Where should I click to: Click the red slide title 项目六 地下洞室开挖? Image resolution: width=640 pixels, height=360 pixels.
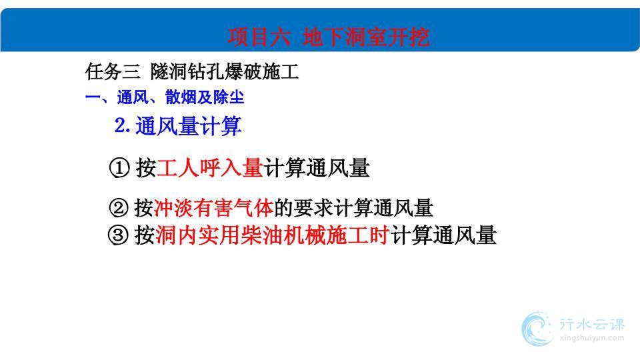(329, 37)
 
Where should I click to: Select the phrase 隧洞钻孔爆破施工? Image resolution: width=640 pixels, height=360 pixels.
(225, 72)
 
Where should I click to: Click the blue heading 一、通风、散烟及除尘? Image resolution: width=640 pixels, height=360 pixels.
(165, 97)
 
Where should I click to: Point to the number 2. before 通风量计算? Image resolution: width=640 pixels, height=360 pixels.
(123, 125)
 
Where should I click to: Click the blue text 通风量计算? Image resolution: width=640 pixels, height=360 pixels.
(189, 126)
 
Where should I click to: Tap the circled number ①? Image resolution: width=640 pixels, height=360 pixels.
(119, 168)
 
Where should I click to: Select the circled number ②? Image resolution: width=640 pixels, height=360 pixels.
(119, 207)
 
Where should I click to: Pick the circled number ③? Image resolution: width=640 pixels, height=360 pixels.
(118, 235)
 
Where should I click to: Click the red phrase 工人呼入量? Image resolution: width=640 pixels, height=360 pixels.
(210, 168)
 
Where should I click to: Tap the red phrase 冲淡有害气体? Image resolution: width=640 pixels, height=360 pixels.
(214, 207)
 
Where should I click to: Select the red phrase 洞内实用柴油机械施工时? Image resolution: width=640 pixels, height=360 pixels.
(272, 235)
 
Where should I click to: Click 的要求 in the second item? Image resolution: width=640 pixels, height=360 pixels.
(304, 207)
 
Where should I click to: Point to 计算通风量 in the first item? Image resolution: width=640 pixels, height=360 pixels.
(317, 168)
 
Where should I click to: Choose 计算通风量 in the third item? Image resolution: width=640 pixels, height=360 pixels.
(443, 235)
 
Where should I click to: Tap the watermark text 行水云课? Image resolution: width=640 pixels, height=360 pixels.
(592, 325)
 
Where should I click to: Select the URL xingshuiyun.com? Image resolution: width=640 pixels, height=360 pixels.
(592, 337)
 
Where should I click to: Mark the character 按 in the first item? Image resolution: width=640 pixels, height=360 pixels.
(146, 168)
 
